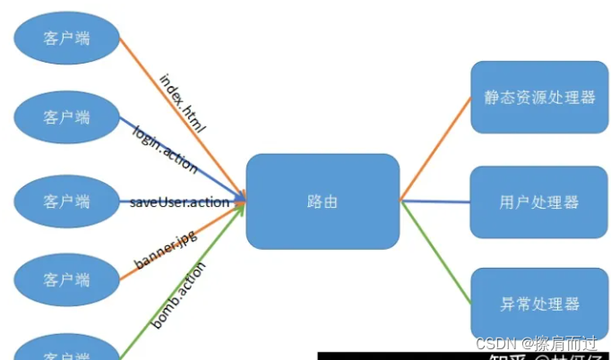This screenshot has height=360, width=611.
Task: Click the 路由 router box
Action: (323, 201)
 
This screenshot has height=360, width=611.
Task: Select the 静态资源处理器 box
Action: (538, 97)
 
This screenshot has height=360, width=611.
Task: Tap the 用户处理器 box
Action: (538, 201)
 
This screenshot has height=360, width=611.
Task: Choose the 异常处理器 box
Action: (538, 304)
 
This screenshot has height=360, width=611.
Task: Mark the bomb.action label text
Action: (178, 294)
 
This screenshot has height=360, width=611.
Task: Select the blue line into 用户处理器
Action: (436, 201)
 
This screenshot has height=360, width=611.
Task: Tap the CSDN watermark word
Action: (492, 344)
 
